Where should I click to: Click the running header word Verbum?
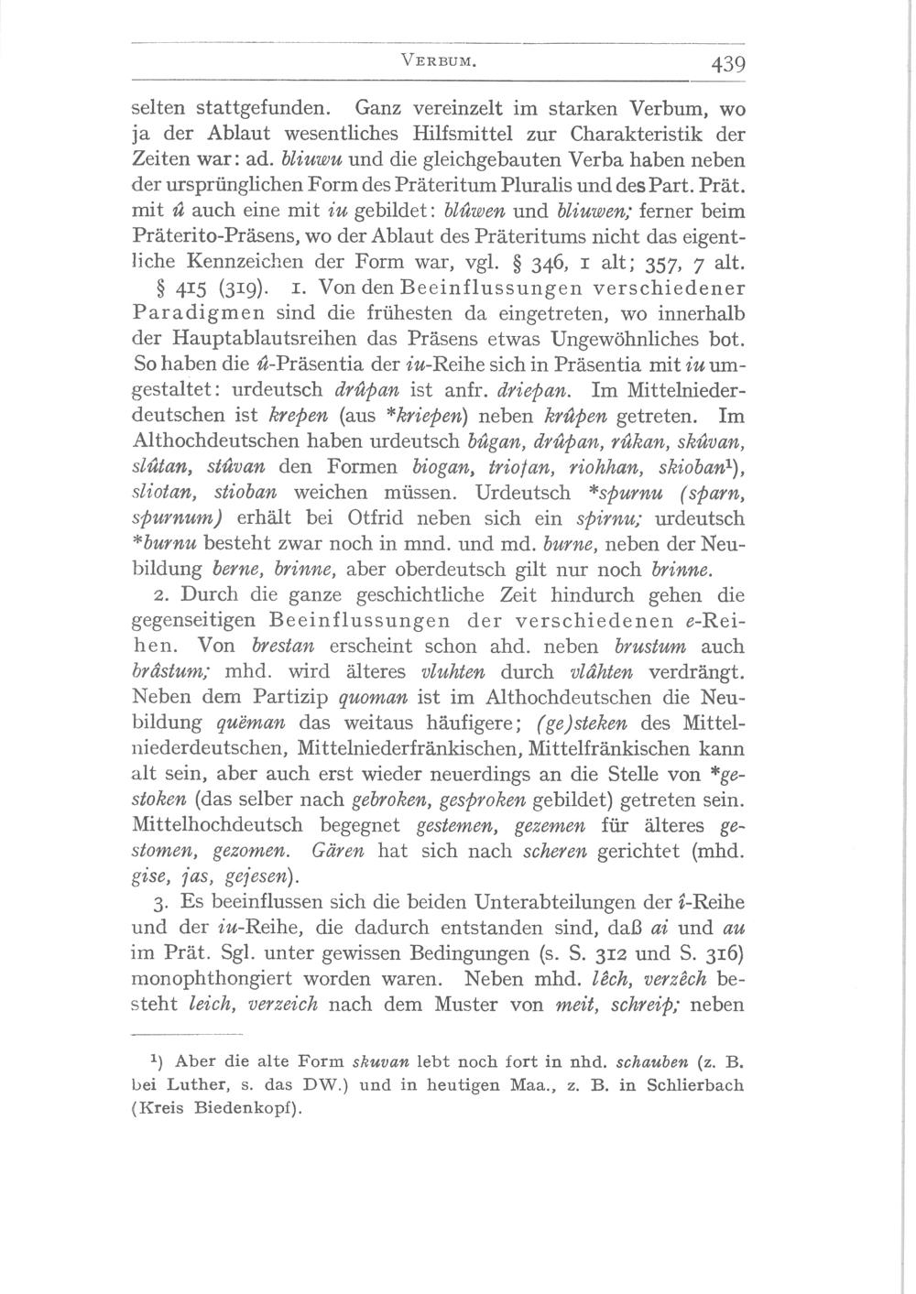[439, 62]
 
